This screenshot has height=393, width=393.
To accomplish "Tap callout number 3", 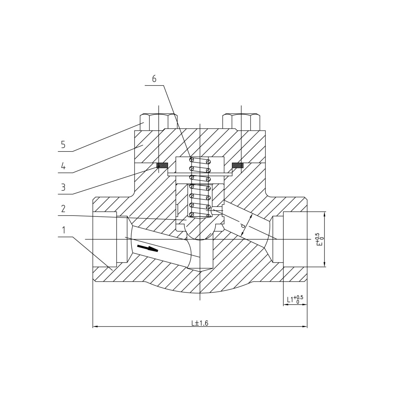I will [x=63, y=187].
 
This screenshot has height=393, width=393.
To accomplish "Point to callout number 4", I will [x=63, y=166].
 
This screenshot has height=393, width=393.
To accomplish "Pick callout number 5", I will [x=63, y=145].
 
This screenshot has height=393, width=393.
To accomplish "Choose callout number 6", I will [x=154, y=79].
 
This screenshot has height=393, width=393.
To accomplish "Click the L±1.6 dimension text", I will [x=200, y=323].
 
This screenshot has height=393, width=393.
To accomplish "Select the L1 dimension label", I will [x=295, y=299].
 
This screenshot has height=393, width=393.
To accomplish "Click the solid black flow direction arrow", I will [x=147, y=248].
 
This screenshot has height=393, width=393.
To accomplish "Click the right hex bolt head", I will [x=241, y=122].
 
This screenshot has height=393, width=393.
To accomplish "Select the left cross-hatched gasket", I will [x=162, y=165].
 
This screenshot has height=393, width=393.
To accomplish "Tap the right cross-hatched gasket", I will [x=238, y=165].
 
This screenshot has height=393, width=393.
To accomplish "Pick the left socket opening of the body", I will [x=105, y=239].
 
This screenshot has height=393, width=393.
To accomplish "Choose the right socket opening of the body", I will [x=294, y=239].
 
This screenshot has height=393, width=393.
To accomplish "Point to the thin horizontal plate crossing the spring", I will [x=200, y=174].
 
